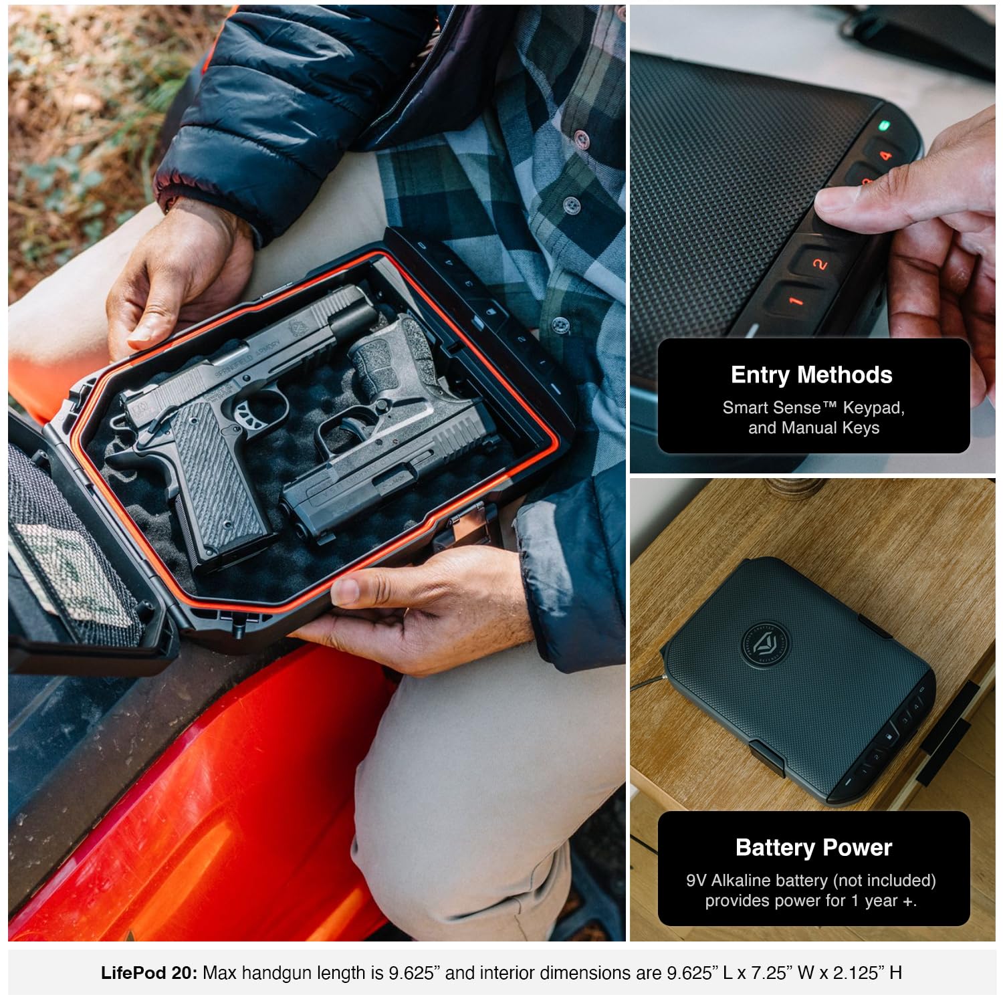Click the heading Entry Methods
coord(812,375)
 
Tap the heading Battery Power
coord(814,848)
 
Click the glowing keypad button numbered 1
coord(795,301)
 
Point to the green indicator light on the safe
coord(884,125)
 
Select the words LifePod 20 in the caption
coord(149,973)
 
